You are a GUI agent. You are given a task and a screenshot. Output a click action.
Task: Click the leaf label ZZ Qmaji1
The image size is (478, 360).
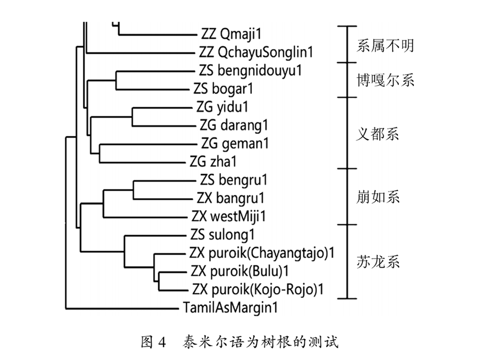231,34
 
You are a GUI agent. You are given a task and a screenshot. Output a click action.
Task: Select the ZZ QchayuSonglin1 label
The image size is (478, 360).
256,52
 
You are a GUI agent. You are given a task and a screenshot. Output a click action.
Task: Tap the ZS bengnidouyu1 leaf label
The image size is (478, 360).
250,71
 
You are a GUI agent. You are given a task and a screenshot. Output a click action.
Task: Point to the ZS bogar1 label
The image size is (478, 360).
223,89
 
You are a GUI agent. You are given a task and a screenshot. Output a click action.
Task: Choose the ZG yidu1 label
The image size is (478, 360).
222,107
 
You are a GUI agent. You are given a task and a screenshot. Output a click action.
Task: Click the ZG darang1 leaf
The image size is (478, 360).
234,125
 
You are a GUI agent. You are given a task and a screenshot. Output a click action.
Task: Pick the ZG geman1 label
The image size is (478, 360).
235,143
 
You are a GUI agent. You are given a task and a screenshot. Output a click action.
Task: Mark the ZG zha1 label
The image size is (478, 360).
213,161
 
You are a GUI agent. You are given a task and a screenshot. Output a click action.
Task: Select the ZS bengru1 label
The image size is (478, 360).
234,180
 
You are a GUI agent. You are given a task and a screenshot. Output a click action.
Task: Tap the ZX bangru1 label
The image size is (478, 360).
231,198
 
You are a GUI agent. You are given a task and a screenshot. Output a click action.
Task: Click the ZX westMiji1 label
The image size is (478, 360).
228,217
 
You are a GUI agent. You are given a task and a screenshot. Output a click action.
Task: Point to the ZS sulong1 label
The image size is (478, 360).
222,235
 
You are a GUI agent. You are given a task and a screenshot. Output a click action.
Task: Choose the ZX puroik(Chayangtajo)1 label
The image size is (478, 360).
262,253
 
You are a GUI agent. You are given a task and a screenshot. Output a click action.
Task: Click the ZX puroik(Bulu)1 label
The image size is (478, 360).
240,271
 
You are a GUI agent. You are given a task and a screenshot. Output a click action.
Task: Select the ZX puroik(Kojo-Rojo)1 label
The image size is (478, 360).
258,289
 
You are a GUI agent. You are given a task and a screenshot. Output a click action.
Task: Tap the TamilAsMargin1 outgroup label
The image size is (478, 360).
231,307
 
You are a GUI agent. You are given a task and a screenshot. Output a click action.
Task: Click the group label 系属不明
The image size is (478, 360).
385,46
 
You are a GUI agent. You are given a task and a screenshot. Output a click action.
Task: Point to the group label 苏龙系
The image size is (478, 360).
378,262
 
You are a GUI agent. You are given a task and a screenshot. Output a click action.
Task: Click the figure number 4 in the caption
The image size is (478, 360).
162,342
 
